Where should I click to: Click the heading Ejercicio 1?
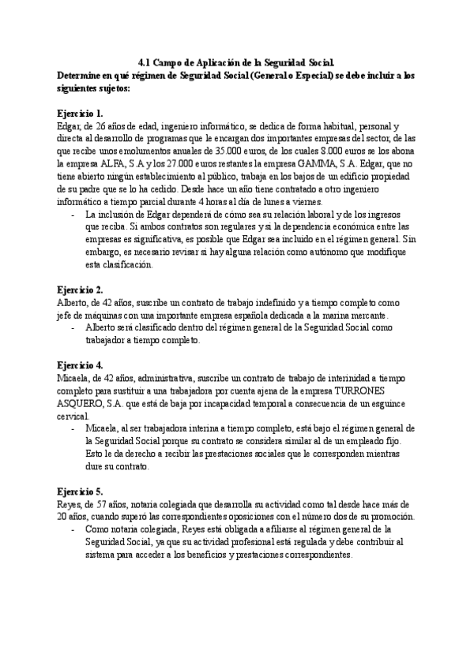(81, 114)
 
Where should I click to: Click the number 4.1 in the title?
(144, 62)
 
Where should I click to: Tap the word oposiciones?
(229, 518)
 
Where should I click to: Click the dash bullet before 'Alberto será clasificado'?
(73, 328)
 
